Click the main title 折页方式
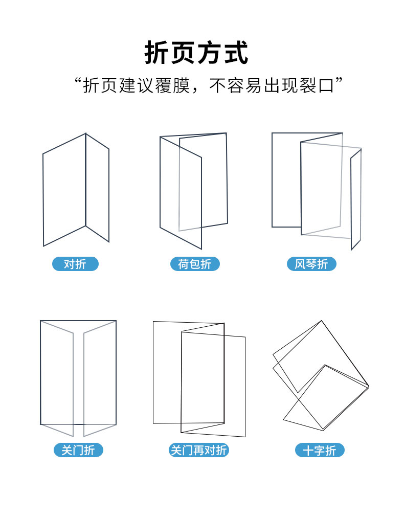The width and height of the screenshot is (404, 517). point(196,53)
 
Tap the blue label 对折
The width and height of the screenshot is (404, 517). point(75,264)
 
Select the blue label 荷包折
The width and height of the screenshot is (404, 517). point(194,264)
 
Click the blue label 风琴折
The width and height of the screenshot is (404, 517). point(311,264)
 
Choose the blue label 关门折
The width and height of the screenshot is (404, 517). point(78,450)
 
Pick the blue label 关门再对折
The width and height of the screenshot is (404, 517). point(198,450)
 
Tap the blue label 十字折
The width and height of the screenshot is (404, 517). point(319,450)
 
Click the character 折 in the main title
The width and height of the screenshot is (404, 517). point(156,53)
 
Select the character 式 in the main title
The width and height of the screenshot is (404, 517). point(236,53)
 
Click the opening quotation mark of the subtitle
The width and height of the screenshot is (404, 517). point(78,81)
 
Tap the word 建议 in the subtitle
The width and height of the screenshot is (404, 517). point(136,86)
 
